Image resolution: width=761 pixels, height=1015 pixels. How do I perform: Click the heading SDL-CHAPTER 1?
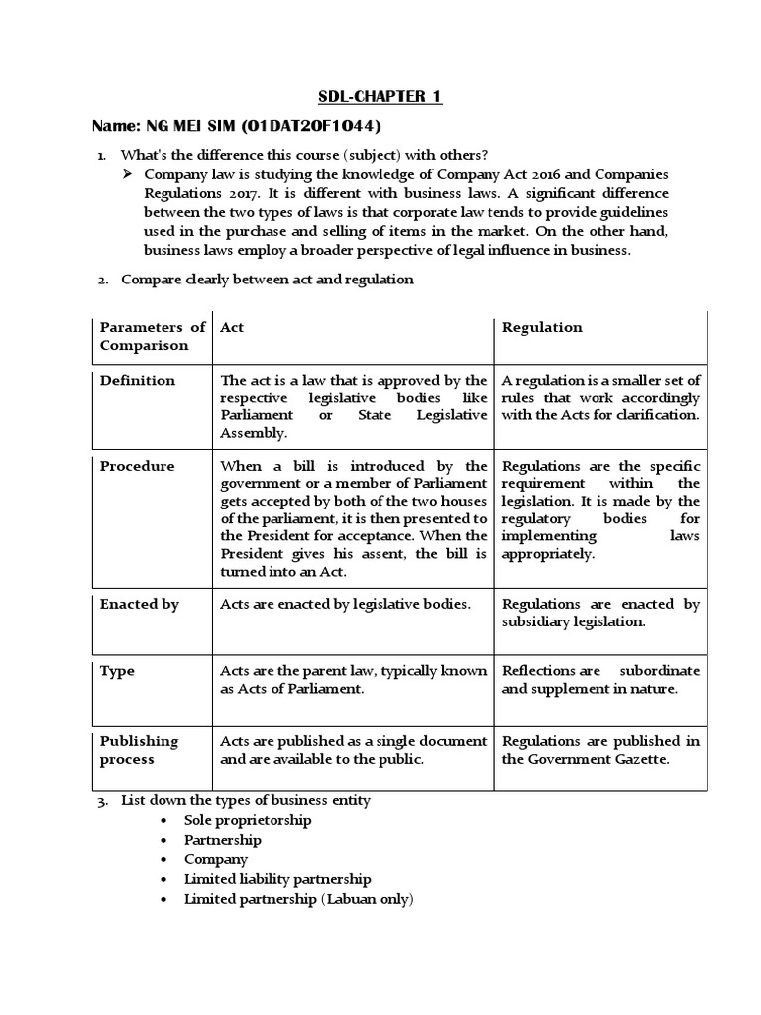tap(380, 96)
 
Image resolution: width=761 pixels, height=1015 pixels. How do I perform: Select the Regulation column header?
tap(542, 327)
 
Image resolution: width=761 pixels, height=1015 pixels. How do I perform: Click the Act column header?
tap(232, 327)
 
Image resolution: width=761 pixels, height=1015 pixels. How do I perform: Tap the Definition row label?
tap(138, 381)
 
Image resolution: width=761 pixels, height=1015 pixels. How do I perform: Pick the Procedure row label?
tap(138, 466)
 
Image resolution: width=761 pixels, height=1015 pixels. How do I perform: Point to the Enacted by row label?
tap(140, 604)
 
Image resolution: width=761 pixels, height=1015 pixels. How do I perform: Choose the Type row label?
tap(116, 671)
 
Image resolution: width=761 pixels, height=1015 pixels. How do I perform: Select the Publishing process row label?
tap(140, 750)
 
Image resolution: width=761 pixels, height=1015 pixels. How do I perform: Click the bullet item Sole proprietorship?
tap(248, 820)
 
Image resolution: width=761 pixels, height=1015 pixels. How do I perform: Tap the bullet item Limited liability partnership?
tap(277, 879)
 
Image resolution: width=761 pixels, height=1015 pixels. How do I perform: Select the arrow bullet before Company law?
tap(127, 174)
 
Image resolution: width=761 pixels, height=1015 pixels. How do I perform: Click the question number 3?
tap(102, 800)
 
